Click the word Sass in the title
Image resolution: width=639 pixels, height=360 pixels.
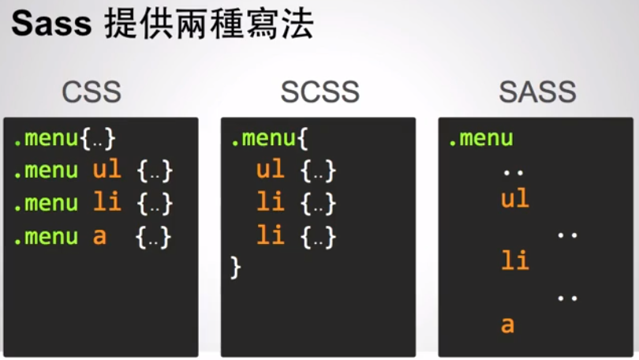[x=51, y=25]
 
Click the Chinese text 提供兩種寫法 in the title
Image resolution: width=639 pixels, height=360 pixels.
[x=209, y=25]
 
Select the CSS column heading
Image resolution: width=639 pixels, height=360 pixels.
[x=92, y=92]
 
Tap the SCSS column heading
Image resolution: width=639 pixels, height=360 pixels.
[x=319, y=92]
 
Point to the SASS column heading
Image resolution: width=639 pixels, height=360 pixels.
[x=537, y=92]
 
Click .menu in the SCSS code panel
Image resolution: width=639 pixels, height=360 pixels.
[x=265, y=139]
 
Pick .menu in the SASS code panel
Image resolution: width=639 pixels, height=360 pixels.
[x=480, y=139]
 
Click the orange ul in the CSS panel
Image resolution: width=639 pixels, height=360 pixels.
[x=106, y=170]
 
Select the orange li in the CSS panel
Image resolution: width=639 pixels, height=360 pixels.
[x=106, y=203]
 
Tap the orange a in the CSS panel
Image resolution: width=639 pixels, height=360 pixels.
[x=99, y=236]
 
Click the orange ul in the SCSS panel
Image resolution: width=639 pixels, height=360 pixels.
[x=270, y=170]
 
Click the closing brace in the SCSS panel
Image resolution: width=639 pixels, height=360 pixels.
[x=235, y=268]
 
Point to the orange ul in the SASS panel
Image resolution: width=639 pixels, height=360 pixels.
[x=514, y=199]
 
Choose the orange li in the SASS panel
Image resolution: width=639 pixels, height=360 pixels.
[x=514, y=260]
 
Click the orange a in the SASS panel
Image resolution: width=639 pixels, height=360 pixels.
[x=507, y=324]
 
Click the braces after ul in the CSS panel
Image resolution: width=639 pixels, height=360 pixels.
[x=154, y=171]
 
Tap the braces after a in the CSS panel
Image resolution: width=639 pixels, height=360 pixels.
[x=154, y=237]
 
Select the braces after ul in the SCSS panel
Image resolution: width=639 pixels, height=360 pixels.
[x=319, y=171]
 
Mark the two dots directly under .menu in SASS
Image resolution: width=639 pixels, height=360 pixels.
[x=513, y=171]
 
